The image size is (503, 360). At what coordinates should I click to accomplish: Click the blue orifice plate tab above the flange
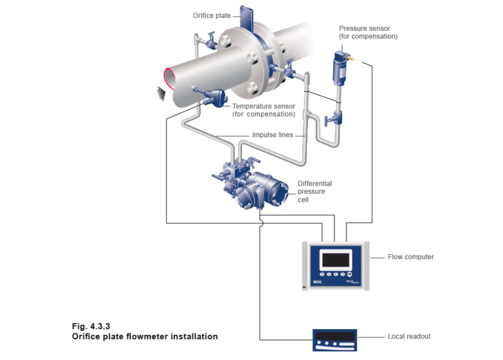tap(246, 15)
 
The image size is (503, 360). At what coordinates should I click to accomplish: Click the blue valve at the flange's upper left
tap(208, 45)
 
